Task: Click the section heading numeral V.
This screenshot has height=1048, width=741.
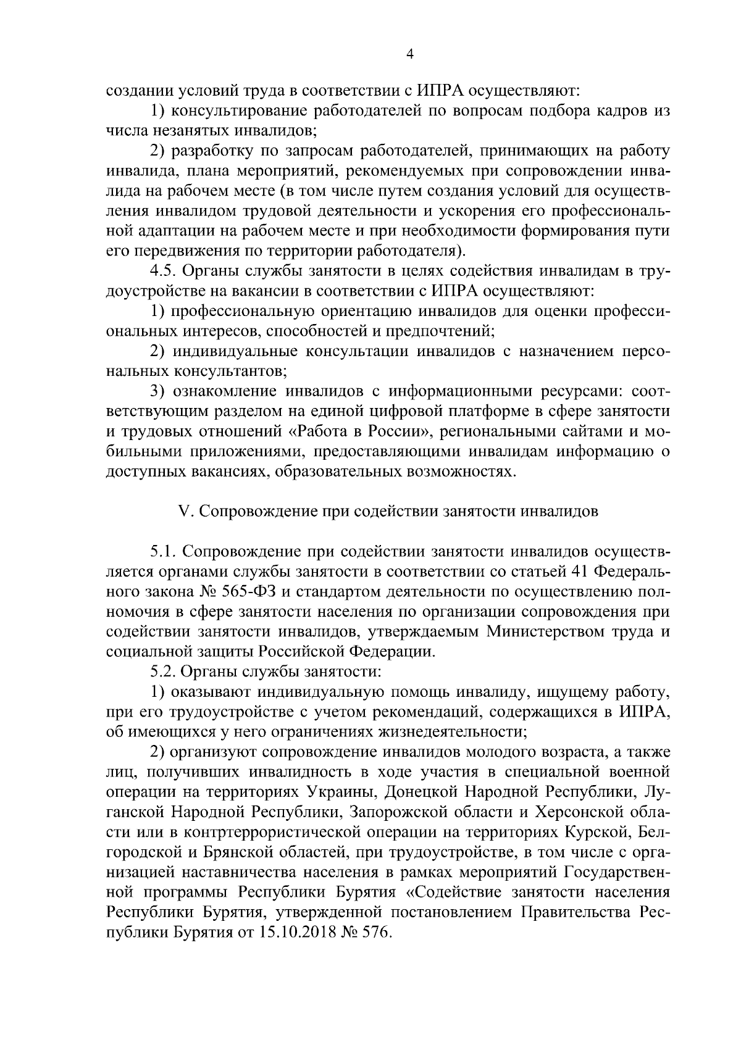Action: point(183,512)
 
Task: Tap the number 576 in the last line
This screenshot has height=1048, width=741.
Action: point(379,934)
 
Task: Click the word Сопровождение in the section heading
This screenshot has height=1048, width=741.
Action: point(251,512)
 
